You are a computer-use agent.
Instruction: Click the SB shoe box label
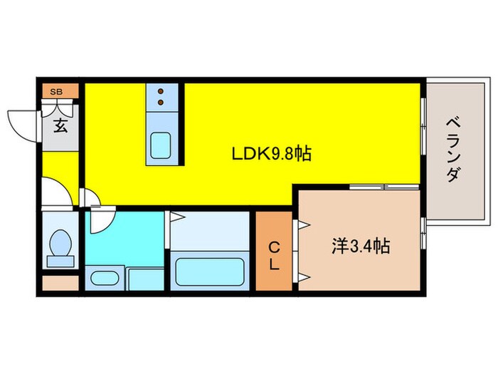[56, 92]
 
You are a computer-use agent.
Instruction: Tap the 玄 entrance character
[60, 125]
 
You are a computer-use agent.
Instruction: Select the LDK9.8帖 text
[272, 154]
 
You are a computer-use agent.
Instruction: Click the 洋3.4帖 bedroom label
[361, 246]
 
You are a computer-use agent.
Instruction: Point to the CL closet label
[274, 255]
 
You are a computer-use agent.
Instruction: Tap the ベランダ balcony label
[453, 150]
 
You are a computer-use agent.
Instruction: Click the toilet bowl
[60, 243]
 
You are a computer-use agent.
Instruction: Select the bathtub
[210, 272]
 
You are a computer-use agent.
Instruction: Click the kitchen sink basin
[160, 145]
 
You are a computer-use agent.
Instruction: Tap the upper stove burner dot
[161, 92]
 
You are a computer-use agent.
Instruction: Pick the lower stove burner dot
[161, 102]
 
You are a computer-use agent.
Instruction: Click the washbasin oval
[105, 278]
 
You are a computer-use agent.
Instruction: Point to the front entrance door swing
[22, 125]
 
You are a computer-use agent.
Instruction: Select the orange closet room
[274, 251]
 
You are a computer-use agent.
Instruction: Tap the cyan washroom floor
[124, 239]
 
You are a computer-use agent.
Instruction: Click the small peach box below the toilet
[60, 283]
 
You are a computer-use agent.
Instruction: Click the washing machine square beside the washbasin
[145, 279]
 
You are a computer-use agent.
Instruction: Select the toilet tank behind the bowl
[60, 261]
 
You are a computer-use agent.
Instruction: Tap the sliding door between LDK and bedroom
[384, 187]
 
